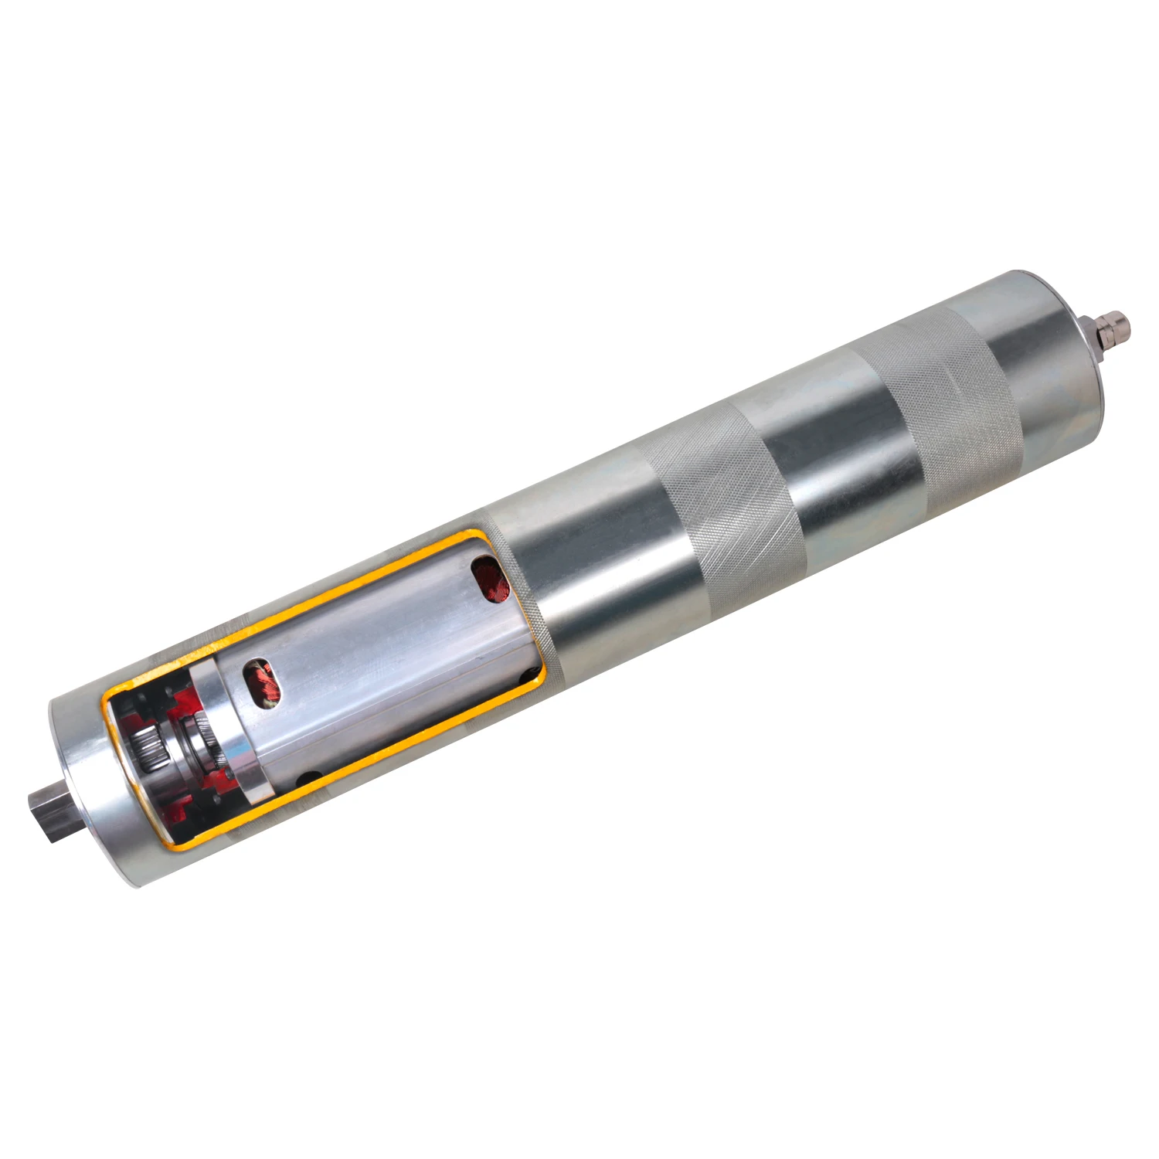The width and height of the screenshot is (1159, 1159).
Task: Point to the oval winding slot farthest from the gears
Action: pyautogui.click(x=488, y=577)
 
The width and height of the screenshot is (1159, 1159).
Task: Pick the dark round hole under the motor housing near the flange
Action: pyautogui.click(x=310, y=777)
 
